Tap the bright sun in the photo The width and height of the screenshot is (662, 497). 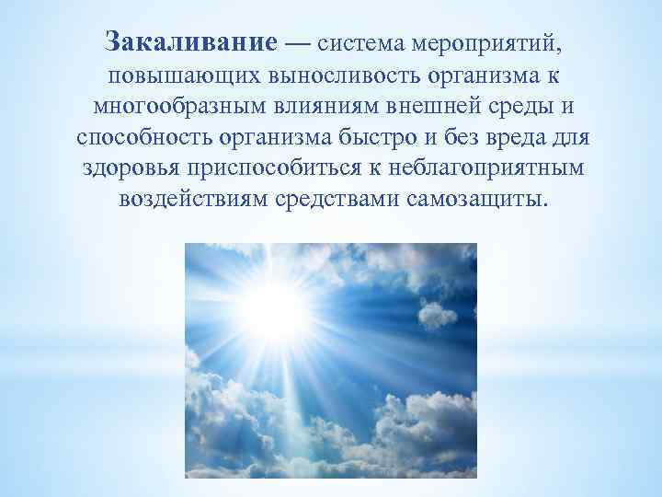274,308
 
